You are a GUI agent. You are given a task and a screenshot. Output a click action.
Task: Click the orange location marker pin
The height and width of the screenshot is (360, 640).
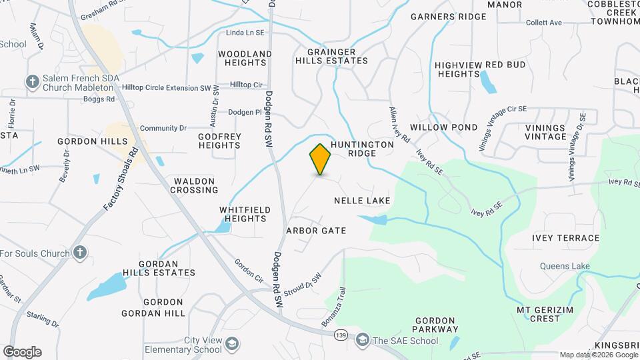pos(321,159)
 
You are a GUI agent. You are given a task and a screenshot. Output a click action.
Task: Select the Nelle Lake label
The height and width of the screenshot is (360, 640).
pos(362,200)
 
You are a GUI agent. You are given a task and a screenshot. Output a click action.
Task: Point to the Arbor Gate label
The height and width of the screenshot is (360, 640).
pos(316,231)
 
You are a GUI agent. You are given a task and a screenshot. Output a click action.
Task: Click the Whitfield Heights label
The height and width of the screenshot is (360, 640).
pos(245,214)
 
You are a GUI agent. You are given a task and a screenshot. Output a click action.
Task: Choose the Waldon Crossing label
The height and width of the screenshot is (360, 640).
pos(195,185)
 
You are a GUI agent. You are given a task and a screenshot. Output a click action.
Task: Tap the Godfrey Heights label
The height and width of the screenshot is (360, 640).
pos(219,141)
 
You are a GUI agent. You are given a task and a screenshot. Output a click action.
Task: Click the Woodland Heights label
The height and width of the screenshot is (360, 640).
pos(245,58)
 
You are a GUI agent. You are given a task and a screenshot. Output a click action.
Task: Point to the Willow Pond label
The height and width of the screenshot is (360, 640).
pos(443,127)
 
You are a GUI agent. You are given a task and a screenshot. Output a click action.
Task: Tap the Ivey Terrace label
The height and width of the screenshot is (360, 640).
pos(566,238)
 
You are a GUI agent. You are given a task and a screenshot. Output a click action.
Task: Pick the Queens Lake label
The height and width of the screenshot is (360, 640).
pos(565,267)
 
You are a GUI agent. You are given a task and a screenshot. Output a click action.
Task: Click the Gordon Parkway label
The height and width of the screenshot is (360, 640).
pos(436,325)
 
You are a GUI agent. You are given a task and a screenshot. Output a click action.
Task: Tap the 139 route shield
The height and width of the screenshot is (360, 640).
pos(341,335)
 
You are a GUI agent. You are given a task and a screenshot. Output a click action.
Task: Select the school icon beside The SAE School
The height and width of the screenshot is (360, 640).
pos(363,340)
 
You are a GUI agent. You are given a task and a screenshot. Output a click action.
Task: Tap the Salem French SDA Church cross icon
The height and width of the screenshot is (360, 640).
pos(31,82)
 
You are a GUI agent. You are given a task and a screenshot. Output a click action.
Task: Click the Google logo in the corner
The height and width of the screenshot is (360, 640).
pos(22,351)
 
